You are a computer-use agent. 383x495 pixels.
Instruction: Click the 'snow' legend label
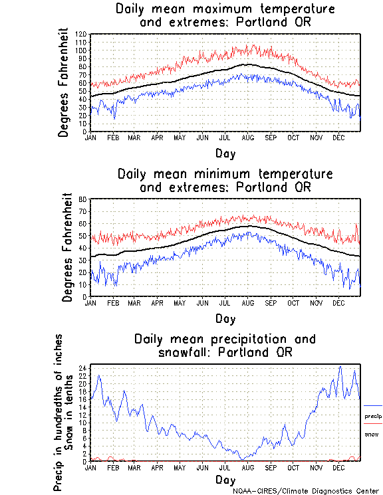click(x=371, y=434)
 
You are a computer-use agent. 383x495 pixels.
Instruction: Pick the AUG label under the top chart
click(x=248, y=138)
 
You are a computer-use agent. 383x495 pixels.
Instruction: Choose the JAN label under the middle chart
click(x=90, y=302)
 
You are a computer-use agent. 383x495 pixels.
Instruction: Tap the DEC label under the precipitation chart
click(x=338, y=467)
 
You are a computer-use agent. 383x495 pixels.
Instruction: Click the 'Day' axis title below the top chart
click(x=225, y=153)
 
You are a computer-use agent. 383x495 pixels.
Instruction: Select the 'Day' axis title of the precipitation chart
click(x=225, y=480)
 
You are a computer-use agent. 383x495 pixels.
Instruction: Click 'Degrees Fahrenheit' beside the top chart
click(x=64, y=82)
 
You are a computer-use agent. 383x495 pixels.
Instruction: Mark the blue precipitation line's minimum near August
click(x=243, y=458)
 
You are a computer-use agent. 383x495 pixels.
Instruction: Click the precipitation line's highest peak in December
click(x=340, y=366)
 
